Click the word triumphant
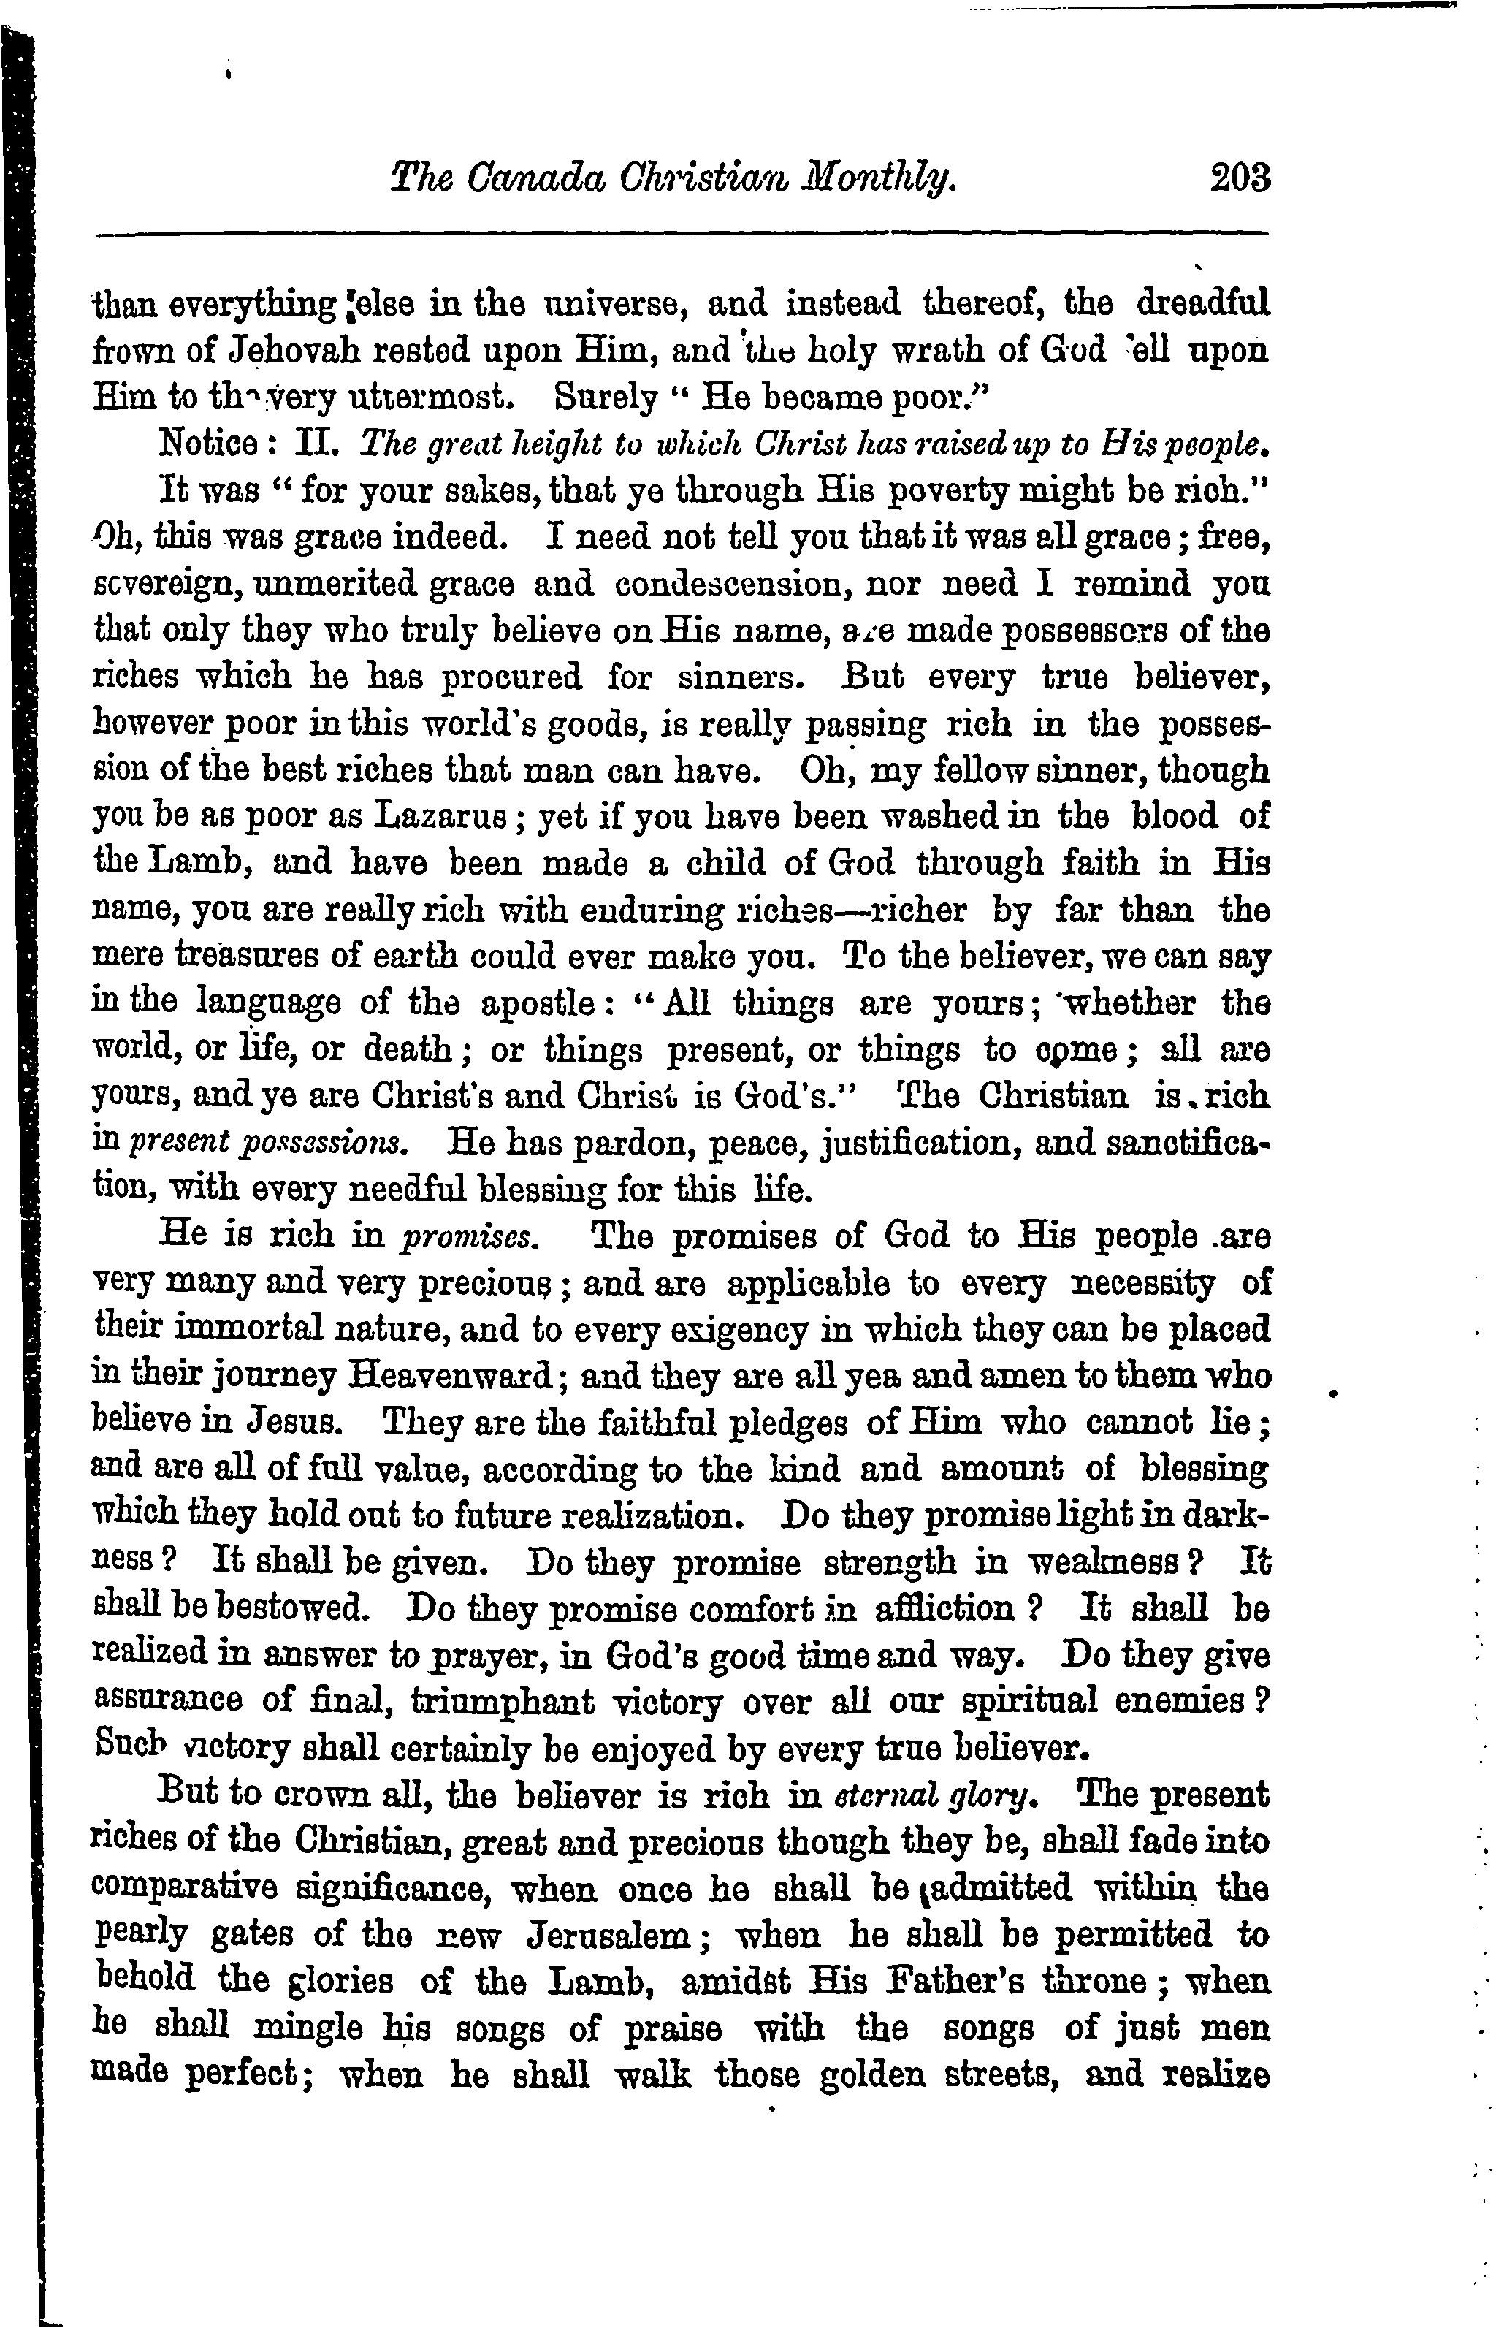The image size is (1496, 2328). (x=503, y=1703)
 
